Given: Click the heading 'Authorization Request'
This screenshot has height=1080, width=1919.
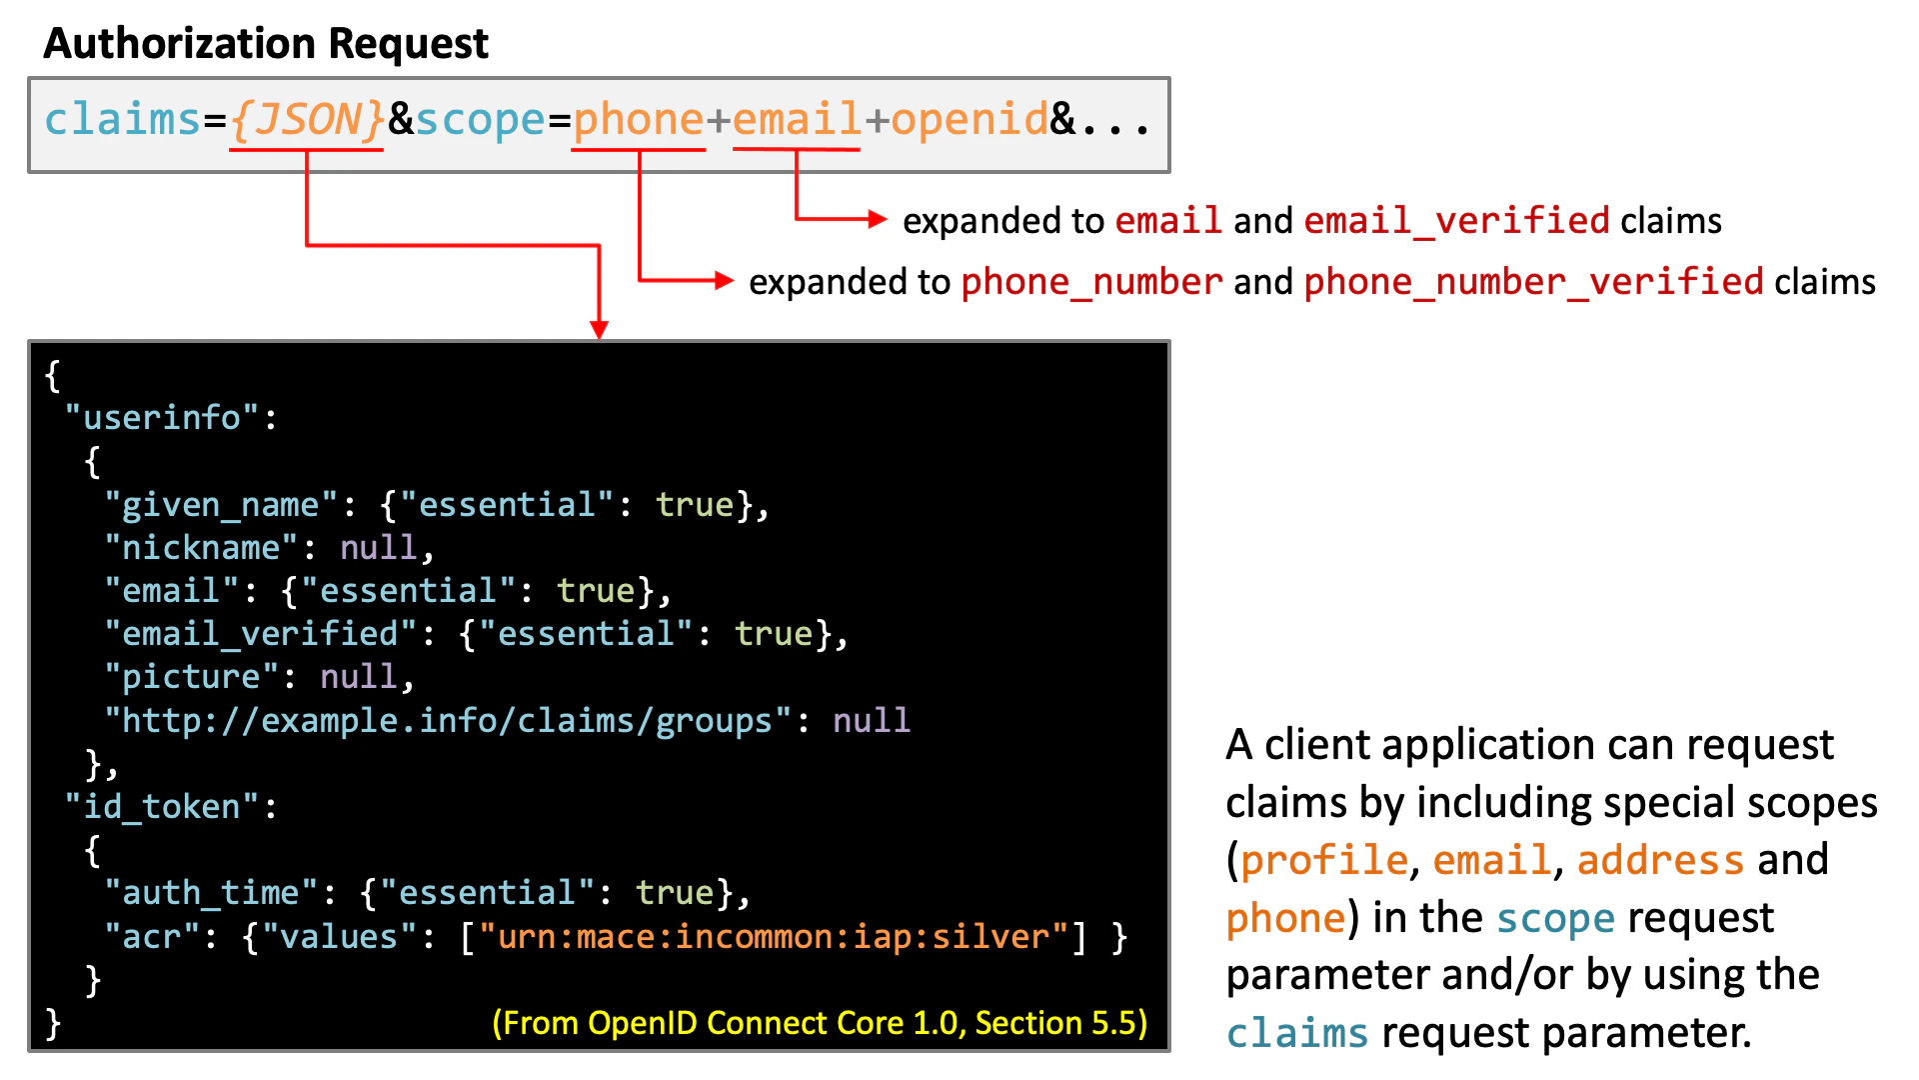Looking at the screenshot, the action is [266, 43].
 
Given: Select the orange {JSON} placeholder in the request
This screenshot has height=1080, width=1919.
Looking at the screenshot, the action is [307, 119].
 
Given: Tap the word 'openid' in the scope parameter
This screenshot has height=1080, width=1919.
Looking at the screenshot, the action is [968, 120].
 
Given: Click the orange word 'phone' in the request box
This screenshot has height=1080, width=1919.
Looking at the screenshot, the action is [639, 120].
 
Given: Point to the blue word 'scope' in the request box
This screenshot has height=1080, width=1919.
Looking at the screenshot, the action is [480, 120].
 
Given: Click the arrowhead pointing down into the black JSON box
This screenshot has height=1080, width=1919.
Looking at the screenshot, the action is [599, 330].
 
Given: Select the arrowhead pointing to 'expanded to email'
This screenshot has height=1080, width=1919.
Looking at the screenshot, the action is [878, 219].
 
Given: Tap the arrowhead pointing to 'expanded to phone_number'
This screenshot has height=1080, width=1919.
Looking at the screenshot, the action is [725, 281].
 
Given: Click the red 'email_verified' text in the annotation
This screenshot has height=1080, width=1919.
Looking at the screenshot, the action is [1456, 221].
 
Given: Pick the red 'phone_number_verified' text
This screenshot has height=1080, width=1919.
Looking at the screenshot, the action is [1533, 282].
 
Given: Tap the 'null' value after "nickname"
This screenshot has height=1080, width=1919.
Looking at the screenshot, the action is [378, 547].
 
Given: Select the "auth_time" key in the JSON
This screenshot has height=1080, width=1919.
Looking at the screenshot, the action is [211, 892].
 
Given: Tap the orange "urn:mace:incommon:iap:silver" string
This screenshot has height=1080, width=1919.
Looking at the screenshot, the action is [774, 936].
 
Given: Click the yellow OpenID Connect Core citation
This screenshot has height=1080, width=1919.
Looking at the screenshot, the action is [820, 1023].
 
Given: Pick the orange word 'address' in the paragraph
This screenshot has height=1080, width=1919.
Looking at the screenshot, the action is [1660, 860].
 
